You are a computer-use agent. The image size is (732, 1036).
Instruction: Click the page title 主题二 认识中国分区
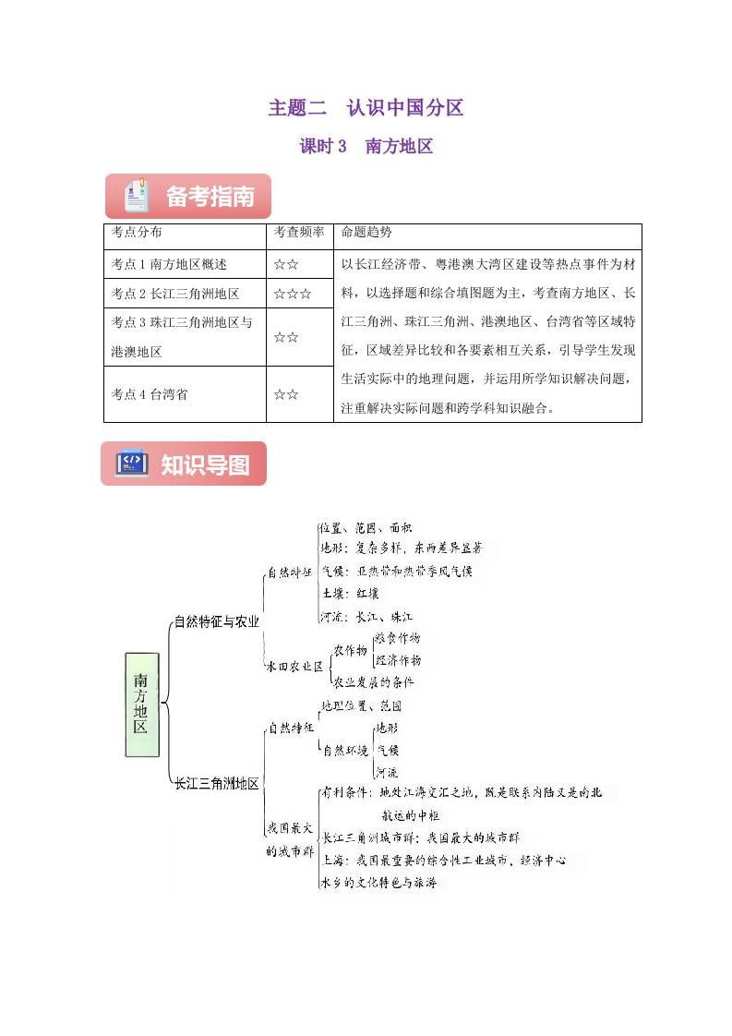pos(366,108)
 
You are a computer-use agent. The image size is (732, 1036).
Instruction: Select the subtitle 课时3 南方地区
pos(366,146)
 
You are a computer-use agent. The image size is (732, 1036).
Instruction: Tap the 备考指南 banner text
pos(210,197)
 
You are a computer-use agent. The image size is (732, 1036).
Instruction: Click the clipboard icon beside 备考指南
pos(137,196)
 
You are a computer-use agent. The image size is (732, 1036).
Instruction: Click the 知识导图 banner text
pos(205,464)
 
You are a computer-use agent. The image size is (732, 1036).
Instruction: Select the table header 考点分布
pos(136,233)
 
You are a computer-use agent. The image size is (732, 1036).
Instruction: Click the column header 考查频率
pos(299,233)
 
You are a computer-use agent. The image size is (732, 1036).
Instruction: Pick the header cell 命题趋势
pos(366,233)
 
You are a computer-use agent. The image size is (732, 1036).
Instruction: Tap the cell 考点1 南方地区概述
pos(169,264)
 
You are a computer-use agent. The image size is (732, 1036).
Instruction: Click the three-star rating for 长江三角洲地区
pos(292,295)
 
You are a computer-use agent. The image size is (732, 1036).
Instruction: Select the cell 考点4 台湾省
pos(150,394)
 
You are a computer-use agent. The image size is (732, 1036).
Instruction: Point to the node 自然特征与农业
pos(217,621)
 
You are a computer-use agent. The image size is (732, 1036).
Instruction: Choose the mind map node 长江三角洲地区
pos(217,784)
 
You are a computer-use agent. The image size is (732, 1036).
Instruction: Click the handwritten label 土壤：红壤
pos(349,594)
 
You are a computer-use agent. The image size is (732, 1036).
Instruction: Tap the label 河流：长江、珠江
pos(366,616)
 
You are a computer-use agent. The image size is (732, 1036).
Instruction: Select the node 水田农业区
pos(294,665)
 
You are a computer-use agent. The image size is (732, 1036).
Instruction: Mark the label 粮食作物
pos(397,638)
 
